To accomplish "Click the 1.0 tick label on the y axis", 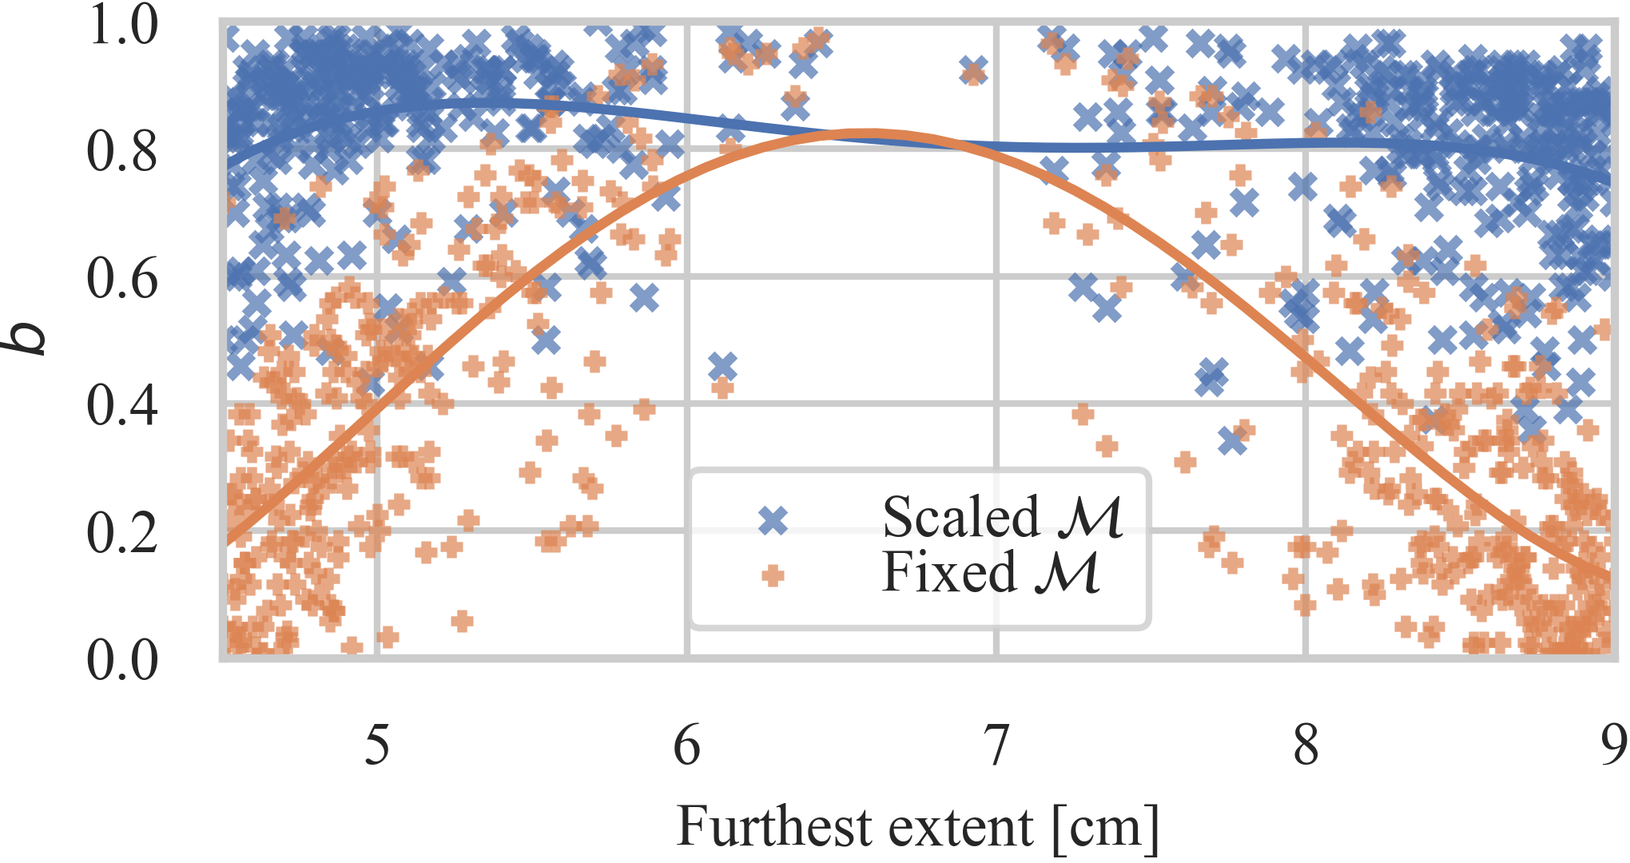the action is [122, 25].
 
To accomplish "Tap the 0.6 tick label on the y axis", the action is [122, 279].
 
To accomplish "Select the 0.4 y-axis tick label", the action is [122, 406].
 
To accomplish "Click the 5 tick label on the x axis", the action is [377, 745].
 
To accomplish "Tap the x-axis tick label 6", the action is [687, 745].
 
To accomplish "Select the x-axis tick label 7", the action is [996, 745].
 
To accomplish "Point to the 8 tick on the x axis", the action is [1306, 745].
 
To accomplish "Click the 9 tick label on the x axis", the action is [1614, 745].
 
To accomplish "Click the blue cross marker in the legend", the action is [773, 521].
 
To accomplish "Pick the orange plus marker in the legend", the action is [773, 575].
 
